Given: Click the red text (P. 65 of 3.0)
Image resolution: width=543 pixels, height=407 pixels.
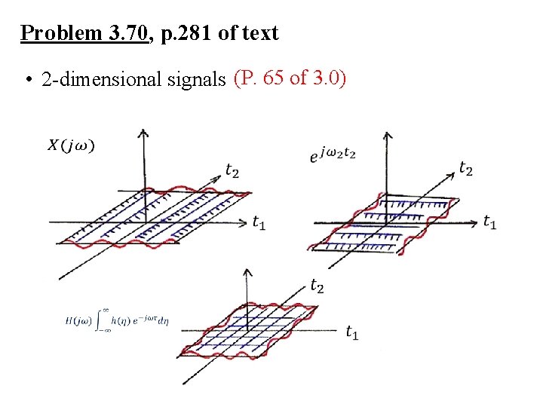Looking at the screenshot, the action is pos(290,77).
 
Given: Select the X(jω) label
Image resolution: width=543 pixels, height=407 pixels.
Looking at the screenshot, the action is pos(72,146).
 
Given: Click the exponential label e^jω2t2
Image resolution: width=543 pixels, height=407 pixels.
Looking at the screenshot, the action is pos(333,154).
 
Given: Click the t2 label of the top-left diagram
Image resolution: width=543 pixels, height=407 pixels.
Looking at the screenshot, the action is pos(233,171).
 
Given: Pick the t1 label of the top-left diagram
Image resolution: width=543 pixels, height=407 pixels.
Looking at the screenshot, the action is pos(259,222).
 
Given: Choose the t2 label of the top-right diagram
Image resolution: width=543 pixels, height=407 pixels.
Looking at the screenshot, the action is pos(466,169).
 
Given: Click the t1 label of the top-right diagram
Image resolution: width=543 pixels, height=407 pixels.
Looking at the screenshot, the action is pos(489,222).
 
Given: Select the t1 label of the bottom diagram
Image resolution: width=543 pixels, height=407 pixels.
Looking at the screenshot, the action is pos(351,332).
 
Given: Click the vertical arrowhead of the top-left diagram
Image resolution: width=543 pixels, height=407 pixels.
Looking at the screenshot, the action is pos(143,133).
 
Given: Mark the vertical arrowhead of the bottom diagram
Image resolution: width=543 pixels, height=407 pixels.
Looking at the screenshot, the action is pos(250,269).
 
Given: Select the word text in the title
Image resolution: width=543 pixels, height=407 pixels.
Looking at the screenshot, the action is pos(261,34).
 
